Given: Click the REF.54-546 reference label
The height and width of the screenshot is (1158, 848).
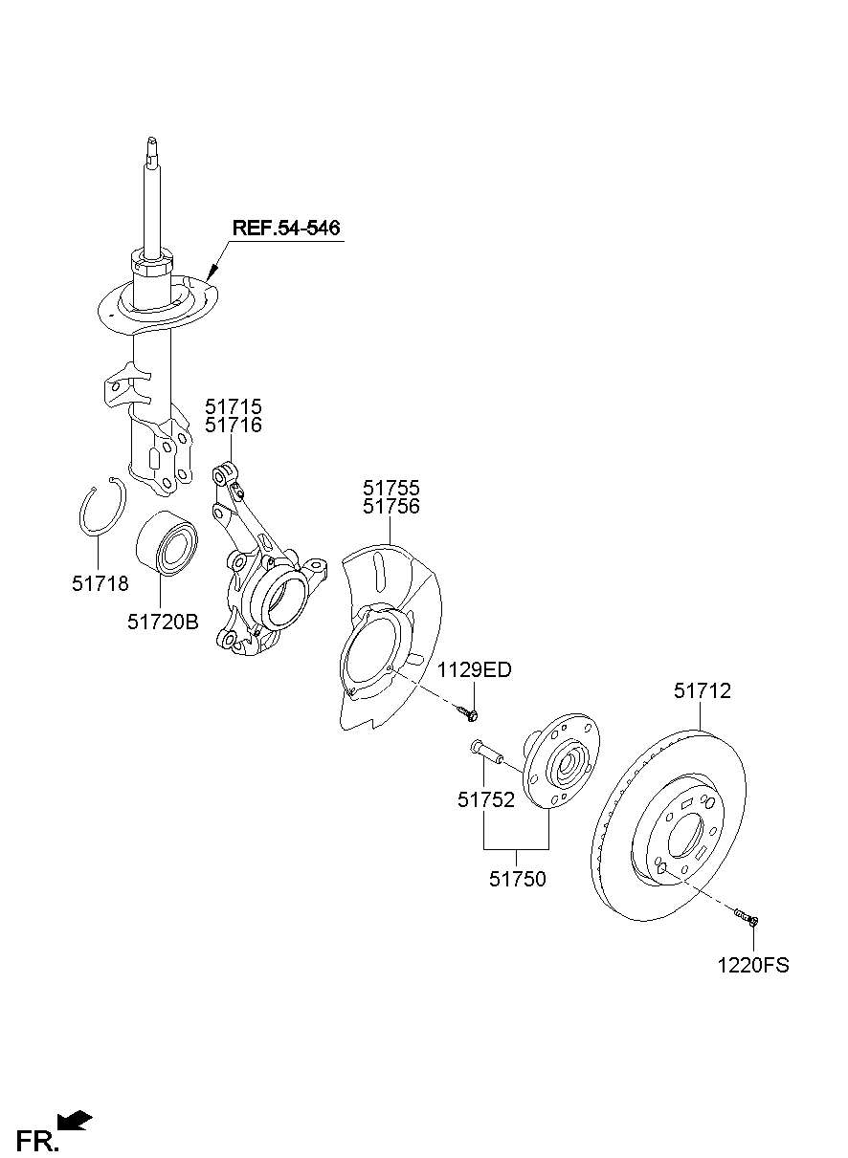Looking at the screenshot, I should (285, 229).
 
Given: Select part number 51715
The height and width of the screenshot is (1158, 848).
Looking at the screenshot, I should (233, 407).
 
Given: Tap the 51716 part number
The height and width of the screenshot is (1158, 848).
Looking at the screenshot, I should (233, 426).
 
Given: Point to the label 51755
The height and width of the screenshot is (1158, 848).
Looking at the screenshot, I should (391, 489).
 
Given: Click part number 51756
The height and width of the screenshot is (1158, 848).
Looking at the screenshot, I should (391, 507).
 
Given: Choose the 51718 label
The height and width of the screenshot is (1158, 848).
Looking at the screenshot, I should (100, 582).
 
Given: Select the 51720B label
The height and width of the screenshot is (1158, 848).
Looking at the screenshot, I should (163, 622).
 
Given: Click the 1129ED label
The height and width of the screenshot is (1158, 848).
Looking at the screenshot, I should (475, 670).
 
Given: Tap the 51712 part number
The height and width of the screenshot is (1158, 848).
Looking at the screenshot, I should (702, 690).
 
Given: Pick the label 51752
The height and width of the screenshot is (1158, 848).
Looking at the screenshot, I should (485, 800).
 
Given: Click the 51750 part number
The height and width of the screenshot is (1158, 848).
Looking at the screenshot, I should (518, 879).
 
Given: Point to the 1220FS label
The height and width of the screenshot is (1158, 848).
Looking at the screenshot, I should (753, 965).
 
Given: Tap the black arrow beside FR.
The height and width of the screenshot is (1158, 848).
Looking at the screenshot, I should (75, 1119).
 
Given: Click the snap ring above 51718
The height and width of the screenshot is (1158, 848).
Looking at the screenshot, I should (100, 511).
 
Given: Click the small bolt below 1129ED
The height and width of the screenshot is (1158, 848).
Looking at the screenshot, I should (467, 712).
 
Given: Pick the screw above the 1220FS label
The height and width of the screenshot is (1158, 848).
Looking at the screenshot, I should (747, 918).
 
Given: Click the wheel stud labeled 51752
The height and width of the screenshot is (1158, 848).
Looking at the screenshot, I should (486, 752).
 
